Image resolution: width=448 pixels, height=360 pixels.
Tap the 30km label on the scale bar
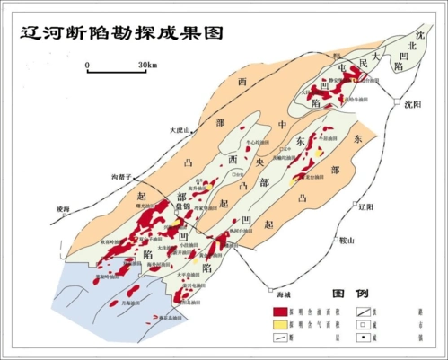coord(147,65)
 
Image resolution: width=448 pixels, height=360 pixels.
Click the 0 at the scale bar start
coord(87,65)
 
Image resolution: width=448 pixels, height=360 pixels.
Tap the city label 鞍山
coord(347,240)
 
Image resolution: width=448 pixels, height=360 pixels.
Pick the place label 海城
coord(282,291)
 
